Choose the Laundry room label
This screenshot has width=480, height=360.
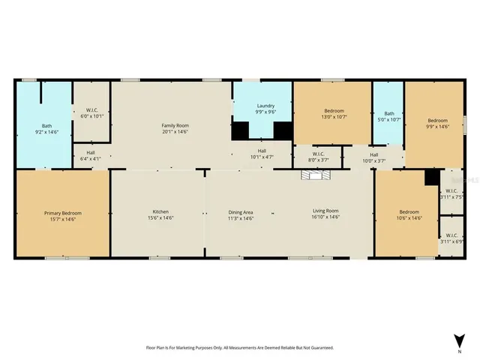pyautogui.click(x=265, y=106)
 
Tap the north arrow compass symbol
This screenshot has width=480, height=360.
pyautogui.click(x=459, y=340)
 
